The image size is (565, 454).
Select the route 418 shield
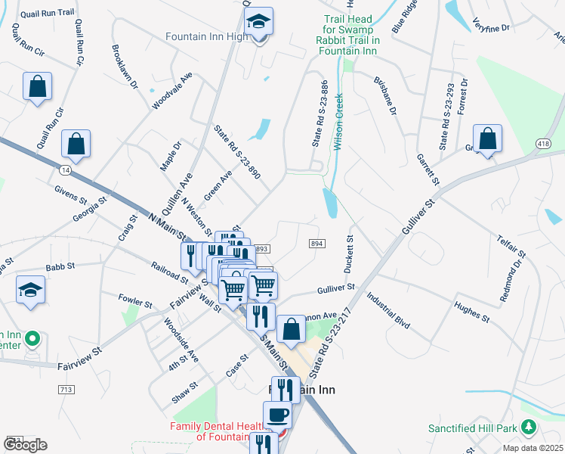[x=543, y=143]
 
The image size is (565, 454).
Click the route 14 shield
[x=65, y=169]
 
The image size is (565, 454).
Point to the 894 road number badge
[x=317, y=243]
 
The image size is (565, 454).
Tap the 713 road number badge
[x=65, y=389]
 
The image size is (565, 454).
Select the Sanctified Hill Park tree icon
[x=529, y=428]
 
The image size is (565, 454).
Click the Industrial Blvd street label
[x=389, y=310]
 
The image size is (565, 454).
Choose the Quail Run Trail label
[x=47, y=11]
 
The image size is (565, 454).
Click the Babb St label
[x=60, y=266]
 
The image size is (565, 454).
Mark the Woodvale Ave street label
[x=173, y=91]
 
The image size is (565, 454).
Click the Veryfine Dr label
[x=491, y=26]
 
